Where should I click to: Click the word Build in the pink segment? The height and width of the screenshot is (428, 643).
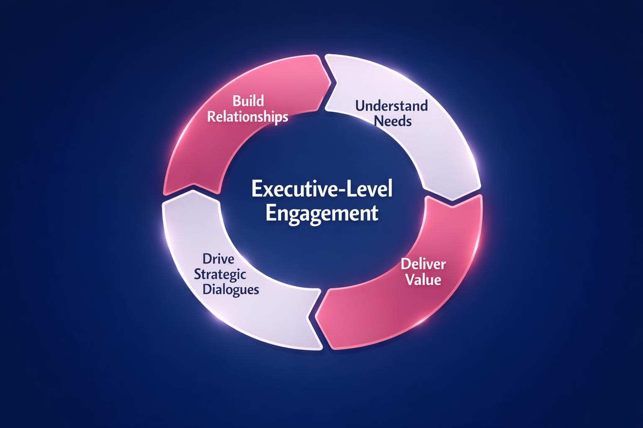coord(248,101)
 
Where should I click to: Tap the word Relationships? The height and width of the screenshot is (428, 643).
coord(248,116)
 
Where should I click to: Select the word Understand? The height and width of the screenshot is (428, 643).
coord(391,105)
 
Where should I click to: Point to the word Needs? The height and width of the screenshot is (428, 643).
coord(393,121)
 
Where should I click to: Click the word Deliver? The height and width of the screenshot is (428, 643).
coord(423,264)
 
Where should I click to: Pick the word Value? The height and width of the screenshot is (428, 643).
coord(423,279)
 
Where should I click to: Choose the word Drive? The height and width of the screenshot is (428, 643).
coord(219,259)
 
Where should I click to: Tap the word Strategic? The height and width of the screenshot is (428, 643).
coord(220,275)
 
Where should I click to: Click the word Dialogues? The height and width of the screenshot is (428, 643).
coord(230,290)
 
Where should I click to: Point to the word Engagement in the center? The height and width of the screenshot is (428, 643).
coord(322,213)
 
